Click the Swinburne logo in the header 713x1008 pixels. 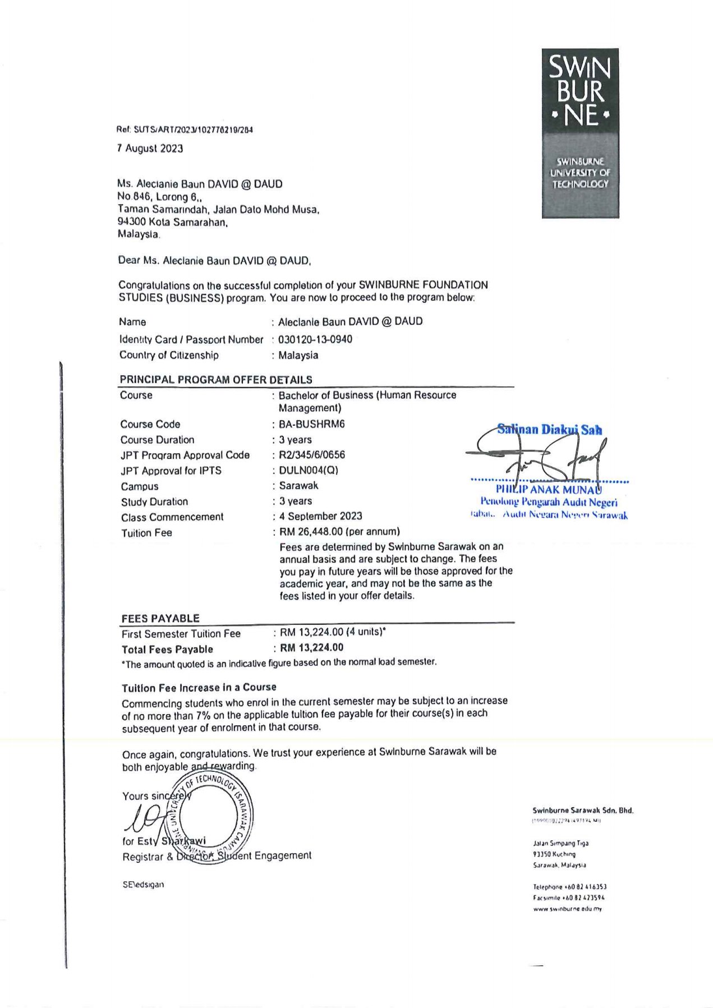(x=580, y=133)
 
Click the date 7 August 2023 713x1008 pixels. (x=150, y=149)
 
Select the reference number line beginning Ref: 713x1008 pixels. (x=185, y=130)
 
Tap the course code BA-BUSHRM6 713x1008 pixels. (x=312, y=424)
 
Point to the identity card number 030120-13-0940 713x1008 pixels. (x=315, y=339)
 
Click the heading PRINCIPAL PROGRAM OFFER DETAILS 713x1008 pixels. (x=216, y=380)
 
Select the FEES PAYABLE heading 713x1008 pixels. (x=160, y=618)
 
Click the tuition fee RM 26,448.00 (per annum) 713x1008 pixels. (x=339, y=532)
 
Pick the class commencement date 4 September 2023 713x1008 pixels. (x=321, y=516)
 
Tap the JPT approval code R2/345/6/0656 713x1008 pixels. (x=312, y=455)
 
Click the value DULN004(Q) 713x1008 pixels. (x=309, y=471)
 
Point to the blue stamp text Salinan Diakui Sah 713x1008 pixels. (x=549, y=430)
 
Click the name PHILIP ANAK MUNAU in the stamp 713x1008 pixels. (x=549, y=490)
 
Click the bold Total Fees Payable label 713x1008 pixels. (x=167, y=650)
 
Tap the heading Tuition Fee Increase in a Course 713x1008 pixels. (x=199, y=688)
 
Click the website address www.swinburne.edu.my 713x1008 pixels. (x=567, y=909)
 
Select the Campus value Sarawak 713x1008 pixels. (x=298, y=486)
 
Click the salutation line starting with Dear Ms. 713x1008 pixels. (x=214, y=261)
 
